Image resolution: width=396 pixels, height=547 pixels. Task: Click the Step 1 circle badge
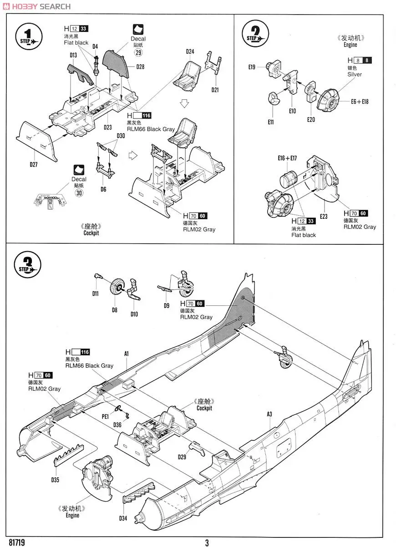(28, 36)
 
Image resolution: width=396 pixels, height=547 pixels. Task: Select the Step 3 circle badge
(28, 264)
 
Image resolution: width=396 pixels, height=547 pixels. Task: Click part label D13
(73, 56)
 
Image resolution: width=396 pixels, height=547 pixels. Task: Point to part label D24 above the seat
(190, 52)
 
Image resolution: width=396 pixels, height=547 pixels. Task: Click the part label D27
(33, 165)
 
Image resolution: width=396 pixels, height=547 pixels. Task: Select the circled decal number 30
(79, 192)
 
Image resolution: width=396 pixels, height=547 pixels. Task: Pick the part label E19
(252, 67)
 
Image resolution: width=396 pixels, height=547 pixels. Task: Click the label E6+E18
(360, 101)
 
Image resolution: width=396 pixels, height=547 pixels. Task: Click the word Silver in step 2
(354, 74)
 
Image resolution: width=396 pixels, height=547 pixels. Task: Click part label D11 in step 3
(96, 294)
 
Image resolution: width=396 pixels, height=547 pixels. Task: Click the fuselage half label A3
(269, 414)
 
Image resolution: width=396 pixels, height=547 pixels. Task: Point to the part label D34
(123, 518)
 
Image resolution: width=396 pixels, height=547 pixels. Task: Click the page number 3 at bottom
(207, 542)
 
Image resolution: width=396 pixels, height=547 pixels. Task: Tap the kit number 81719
(16, 542)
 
